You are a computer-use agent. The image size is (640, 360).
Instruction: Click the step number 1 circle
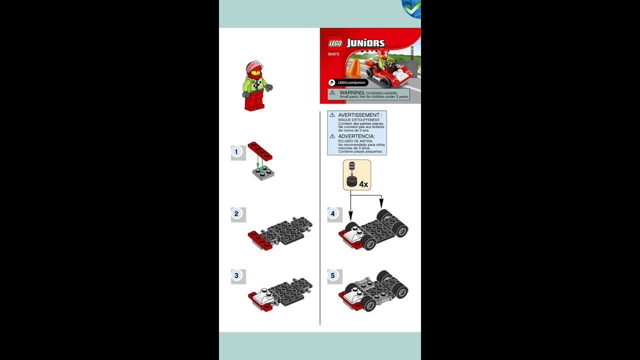pos(236,151)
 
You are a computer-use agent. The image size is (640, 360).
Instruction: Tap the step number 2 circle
pos(236,214)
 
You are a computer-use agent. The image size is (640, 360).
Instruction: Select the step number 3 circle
pos(236,275)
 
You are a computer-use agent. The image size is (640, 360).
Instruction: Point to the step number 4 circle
pos(333,213)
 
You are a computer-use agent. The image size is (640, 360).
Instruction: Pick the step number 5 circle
pos(333,275)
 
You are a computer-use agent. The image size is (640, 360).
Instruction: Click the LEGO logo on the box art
pos(334,43)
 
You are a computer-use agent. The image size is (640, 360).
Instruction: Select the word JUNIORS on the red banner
pos(365,43)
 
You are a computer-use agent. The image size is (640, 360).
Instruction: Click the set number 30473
pos(333,54)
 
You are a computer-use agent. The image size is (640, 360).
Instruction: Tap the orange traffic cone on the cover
pos(354,68)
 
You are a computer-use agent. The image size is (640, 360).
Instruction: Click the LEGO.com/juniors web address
pos(352,82)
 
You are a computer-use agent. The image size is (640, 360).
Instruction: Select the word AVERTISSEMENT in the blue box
pos(359,115)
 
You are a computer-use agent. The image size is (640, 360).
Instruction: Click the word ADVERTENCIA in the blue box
pos(356,136)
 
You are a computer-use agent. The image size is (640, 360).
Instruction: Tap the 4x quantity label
pos(363,184)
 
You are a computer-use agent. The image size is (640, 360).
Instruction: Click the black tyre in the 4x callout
pos(352,182)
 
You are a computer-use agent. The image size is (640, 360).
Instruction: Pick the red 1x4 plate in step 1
pos(259,150)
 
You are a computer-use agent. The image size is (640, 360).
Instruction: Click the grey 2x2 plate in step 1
pos(263,172)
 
